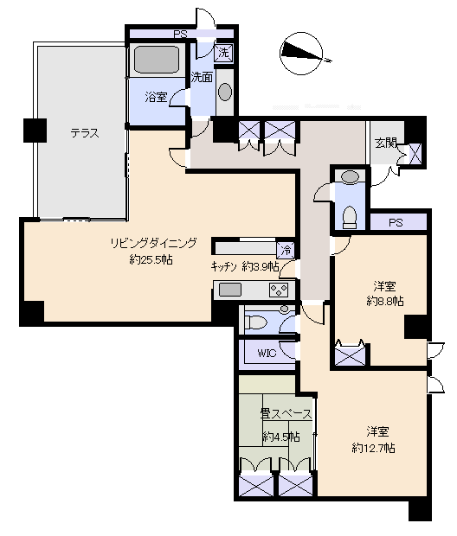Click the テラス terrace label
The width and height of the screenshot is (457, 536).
(85, 132)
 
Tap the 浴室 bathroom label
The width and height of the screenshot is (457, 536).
(156, 97)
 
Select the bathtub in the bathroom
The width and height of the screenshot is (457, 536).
(158, 60)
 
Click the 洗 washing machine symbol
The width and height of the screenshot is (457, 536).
(223, 53)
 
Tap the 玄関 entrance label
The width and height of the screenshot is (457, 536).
(385, 143)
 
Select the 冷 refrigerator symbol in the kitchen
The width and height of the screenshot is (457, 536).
(286, 250)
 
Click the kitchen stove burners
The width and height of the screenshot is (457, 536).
(280, 290)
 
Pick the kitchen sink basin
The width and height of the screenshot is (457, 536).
(230, 290)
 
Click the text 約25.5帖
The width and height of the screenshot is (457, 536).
(151, 260)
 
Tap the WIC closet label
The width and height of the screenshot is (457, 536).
(267, 353)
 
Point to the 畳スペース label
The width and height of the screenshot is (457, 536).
(286, 414)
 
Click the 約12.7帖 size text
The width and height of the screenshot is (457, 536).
(373, 448)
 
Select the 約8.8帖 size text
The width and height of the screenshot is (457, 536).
(385, 301)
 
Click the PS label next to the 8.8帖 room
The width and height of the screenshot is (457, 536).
(396, 223)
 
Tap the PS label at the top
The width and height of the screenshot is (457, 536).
(180, 35)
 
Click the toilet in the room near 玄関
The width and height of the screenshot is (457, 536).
(350, 217)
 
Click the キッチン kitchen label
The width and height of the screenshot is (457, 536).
(224, 266)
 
